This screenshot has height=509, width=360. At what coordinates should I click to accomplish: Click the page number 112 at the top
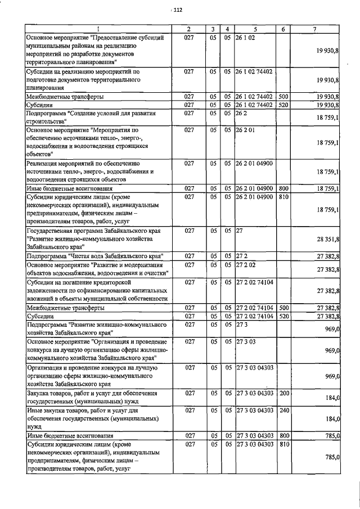coord(178,10)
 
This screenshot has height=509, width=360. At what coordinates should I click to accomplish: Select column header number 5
coord(255,28)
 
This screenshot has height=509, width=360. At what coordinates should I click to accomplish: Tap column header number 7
coord(318,28)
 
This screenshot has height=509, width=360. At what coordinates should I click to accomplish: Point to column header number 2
coord(189,28)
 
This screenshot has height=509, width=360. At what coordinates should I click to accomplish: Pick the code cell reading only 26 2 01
coord(246,129)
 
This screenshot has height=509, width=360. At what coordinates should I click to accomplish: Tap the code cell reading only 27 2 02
coord(246,263)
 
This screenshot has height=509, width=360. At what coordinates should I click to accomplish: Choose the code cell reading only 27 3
coord(242,325)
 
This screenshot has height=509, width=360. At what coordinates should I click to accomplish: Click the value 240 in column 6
coord(283,411)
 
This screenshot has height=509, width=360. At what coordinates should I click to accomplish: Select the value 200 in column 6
coord(283,393)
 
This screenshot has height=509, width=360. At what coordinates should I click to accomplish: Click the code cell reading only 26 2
coord(242,113)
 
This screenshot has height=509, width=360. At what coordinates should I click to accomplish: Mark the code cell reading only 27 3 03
coord(246,341)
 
